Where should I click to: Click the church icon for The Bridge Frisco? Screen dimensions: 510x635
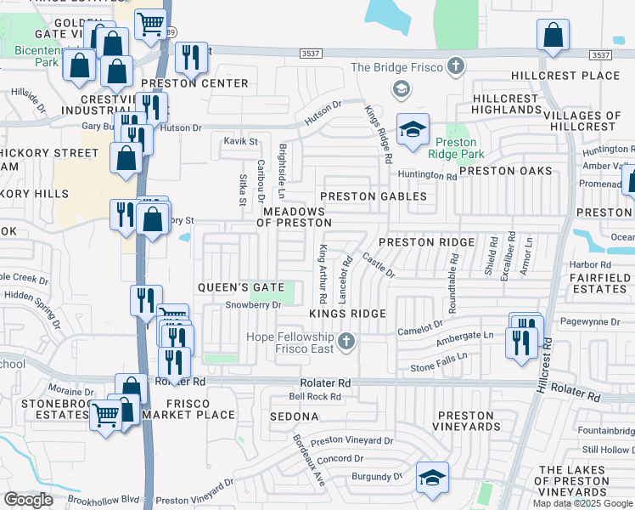pyautogui.click(x=457, y=66)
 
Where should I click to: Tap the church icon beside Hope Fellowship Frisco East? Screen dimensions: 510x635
pyautogui.click(x=345, y=342)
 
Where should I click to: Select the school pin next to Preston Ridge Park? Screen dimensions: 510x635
pyautogui.click(x=413, y=130)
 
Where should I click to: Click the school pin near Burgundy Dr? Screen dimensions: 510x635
pyautogui.click(x=432, y=477)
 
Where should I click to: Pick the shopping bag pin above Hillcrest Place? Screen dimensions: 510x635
pyautogui.click(x=553, y=36)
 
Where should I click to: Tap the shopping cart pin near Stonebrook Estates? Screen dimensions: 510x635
pyautogui.click(x=105, y=416)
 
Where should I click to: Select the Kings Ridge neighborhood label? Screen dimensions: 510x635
pyautogui.click(x=347, y=314)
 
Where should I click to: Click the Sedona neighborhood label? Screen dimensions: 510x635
pyautogui.click(x=294, y=416)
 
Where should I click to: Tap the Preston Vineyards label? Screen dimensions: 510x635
pyautogui.click(x=466, y=420)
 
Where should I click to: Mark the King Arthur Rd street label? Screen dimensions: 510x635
pyautogui.click(x=322, y=274)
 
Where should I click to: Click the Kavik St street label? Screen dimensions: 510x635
pyautogui.click(x=240, y=141)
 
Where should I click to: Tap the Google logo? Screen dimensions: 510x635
pyautogui.click(x=29, y=499)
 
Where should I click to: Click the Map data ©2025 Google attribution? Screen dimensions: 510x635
pyautogui.click(x=582, y=503)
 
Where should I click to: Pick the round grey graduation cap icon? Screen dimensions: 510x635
pyautogui.click(x=400, y=89)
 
